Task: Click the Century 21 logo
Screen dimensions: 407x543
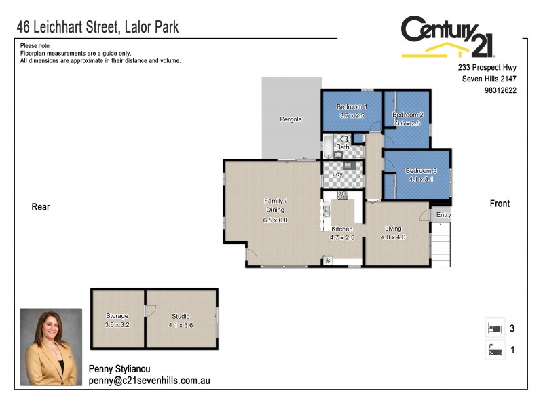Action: [x=448, y=37]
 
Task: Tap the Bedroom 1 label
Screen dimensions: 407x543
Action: [x=352, y=107]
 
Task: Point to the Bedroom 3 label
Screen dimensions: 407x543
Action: [x=419, y=170]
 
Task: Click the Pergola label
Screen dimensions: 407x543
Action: [x=291, y=119]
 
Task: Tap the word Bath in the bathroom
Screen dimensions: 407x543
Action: [x=343, y=147]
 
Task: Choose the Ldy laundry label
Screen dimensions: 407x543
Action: [x=338, y=174]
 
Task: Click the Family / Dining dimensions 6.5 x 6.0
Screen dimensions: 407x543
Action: [x=276, y=220]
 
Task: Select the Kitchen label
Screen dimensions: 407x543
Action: [x=342, y=229]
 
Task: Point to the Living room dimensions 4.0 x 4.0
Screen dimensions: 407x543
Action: [x=393, y=237]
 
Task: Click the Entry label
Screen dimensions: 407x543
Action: [x=443, y=215]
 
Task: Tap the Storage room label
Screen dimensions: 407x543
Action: [x=117, y=316]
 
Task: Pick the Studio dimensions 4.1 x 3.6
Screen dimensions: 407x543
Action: [x=181, y=325]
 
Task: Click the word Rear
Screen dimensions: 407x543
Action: [x=41, y=207]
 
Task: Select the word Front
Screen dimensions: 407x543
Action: [x=500, y=203]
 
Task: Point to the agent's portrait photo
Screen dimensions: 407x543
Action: [x=52, y=347]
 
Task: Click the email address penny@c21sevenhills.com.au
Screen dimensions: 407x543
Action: [x=149, y=381]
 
